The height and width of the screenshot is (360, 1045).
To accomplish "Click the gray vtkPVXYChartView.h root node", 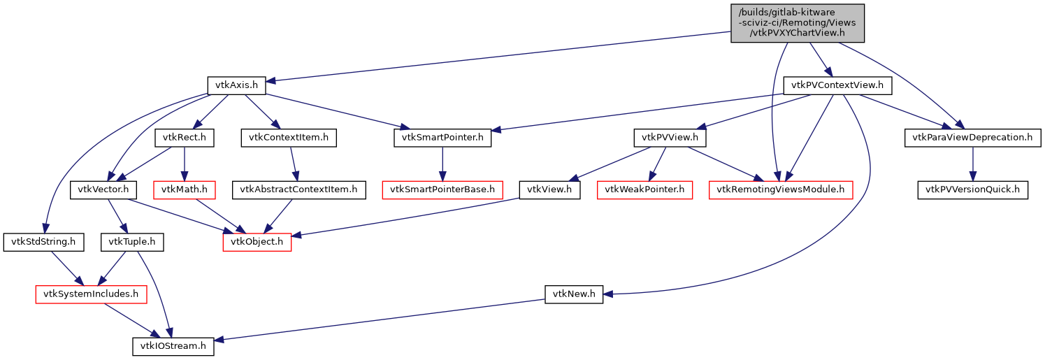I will (x=798, y=23).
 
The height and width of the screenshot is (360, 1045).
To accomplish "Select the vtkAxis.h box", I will (x=237, y=86).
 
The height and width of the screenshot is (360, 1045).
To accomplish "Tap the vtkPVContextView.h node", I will (x=837, y=86).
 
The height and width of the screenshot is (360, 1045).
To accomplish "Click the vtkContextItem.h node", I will (x=289, y=138).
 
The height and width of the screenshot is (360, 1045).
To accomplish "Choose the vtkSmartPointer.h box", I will (x=442, y=138).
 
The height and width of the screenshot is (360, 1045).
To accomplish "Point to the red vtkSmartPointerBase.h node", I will (x=442, y=189).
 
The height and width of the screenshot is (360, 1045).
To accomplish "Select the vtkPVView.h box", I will (x=670, y=138).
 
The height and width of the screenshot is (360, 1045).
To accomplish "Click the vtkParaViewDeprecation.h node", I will (x=972, y=138).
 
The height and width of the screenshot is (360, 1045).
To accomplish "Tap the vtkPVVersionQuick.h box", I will (x=972, y=189).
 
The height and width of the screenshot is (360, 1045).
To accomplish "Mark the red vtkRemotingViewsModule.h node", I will (x=781, y=189).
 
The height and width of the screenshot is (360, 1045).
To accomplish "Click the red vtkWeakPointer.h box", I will (x=644, y=189).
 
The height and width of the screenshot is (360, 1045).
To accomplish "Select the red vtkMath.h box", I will (x=182, y=189).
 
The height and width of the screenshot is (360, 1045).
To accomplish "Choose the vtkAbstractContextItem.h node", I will (x=299, y=189).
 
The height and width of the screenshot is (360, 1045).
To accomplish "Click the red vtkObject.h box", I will (x=257, y=242).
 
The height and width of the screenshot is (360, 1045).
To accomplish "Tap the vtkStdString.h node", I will (x=43, y=242).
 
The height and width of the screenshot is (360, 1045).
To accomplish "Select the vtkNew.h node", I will (x=573, y=294).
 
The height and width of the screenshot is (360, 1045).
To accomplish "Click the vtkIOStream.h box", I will (x=173, y=346).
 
